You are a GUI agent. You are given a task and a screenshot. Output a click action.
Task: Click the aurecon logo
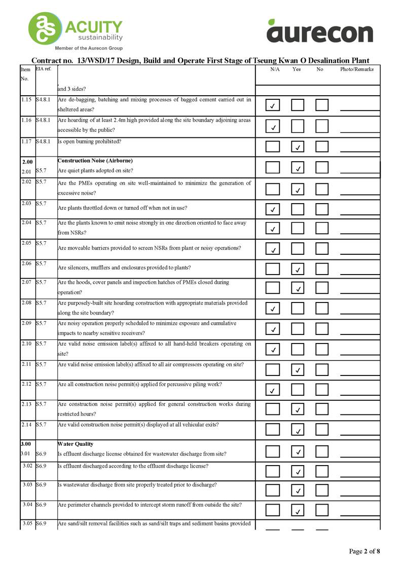click(x=320, y=31)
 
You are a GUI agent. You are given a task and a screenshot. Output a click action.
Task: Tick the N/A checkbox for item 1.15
click(x=273, y=105)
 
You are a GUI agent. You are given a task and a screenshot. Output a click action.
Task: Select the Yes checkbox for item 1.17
click(x=298, y=147)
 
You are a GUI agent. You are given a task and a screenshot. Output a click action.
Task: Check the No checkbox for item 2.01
click(x=322, y=167)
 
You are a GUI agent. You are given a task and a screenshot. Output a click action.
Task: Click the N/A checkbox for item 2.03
click(x=273, y=208)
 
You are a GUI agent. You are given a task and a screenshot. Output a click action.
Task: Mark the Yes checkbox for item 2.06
click(x=298, y=269)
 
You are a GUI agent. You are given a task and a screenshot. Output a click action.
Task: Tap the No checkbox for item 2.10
click(x=322, y=349)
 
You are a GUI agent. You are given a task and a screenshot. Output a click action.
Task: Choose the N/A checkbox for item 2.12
click(x=273, y=390)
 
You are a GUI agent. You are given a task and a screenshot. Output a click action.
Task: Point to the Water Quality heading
click(x=76, y=444)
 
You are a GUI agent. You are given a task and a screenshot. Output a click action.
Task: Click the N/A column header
click(x=275, y=69)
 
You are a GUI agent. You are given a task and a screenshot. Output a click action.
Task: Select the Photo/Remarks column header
click(x=357, y=69)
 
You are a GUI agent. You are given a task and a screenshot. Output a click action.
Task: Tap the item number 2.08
click(x=27, y=302)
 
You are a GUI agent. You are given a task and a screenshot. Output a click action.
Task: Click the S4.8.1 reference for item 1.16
click(x=43, y=120)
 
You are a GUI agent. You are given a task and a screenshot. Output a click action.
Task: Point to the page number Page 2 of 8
click(x=364, y=551)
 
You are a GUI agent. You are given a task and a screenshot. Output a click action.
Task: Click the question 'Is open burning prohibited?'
click(x=90, y=141)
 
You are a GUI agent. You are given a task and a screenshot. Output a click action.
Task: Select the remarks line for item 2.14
click(x=360, y=434)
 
